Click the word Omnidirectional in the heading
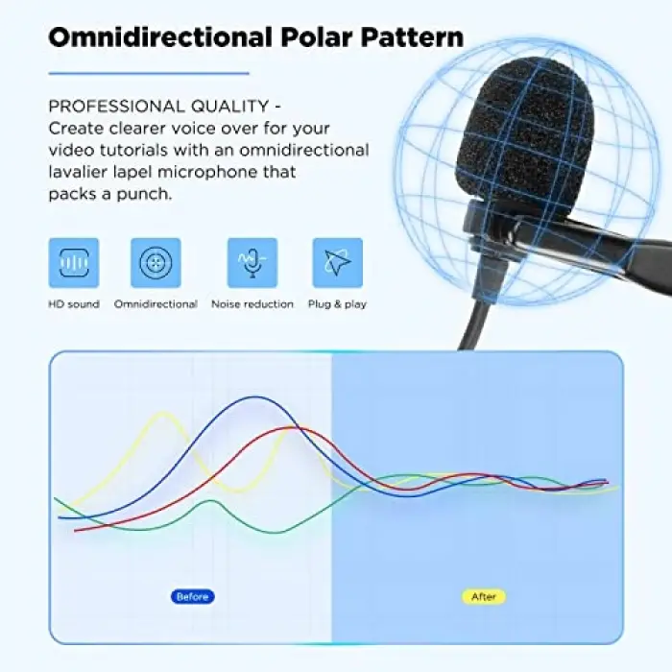(x=160, y=36)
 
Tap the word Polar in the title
(x=317, y=36)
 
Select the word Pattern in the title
(x=412, y=36)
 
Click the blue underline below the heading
(x=149, y=74)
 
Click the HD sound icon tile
(x=74, y=263)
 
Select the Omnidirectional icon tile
(x=156, y=263)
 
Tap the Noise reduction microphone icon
(x=252, y=263)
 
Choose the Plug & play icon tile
(x=338, y=263)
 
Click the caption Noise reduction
(x=252, y=304)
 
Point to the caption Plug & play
(x=338, y=304)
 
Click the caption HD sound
(x=74, y=304)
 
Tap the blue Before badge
(x=193, y=596)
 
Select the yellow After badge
(x=484, y=596)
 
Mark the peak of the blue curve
(x=255, y=397)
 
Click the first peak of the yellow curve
(x=163, y=413)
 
